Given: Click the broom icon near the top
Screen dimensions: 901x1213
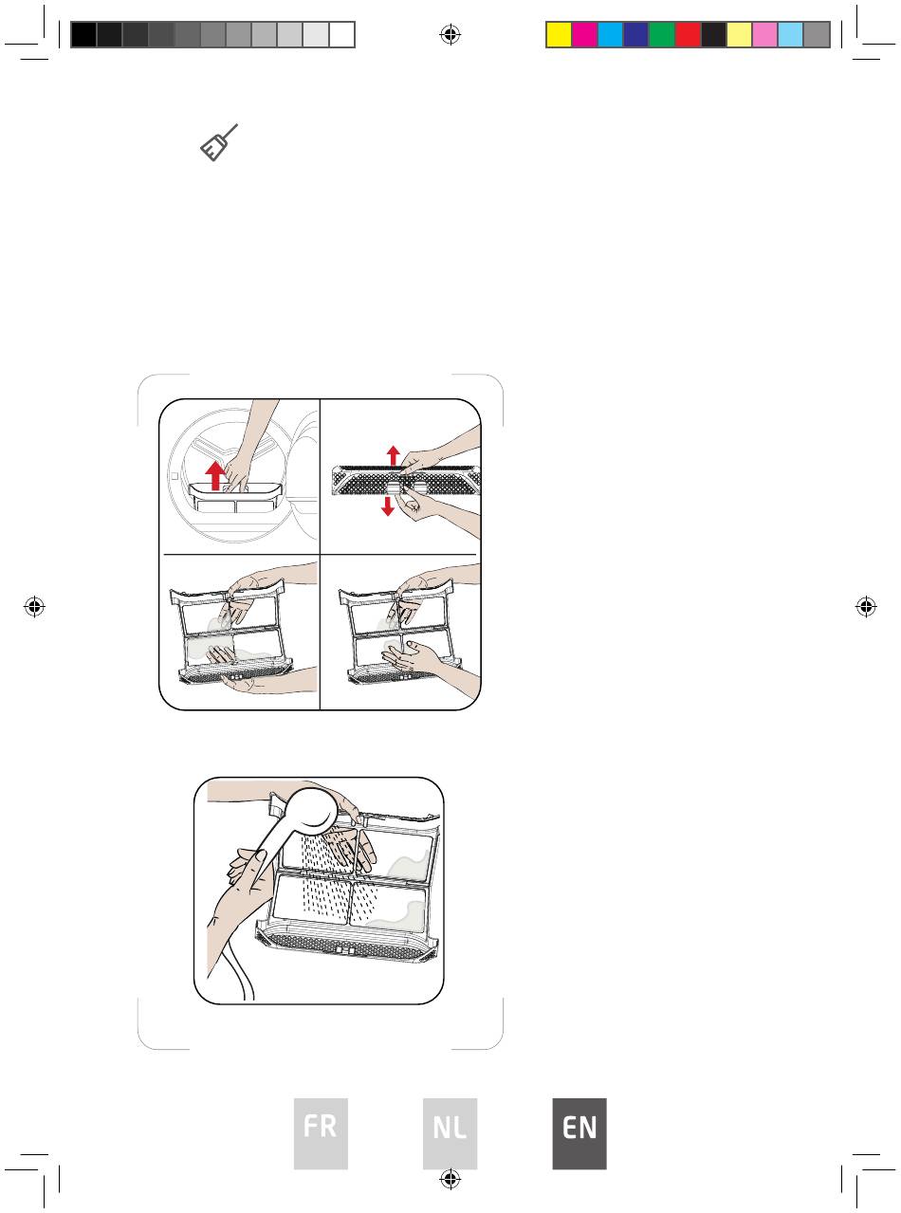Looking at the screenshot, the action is tap(219, 143).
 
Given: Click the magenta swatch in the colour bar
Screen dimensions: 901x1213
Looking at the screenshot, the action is tap(584, 35).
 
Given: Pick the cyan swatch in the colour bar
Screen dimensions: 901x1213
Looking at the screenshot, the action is tap(610, 35).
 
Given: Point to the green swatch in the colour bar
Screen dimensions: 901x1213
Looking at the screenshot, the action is tap(662, 35).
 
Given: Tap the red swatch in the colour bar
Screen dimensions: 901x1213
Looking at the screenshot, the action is tap(688, 35).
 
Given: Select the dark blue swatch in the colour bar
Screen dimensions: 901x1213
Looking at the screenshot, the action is tap(635, 35).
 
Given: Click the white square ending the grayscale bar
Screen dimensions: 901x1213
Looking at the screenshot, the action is tap(342, 35).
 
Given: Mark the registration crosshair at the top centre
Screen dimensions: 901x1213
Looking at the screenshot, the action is tap(450, 35).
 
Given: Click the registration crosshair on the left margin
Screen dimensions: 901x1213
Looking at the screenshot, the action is tap(34, 607).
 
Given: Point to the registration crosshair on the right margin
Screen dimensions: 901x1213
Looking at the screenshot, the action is tap(866, 607).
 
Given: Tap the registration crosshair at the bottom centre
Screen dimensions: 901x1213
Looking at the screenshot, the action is tap(450, 1179).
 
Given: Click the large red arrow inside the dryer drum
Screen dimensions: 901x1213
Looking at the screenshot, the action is tap(215, 475).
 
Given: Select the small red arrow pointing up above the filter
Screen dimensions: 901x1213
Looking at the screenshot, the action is tap(393, 455).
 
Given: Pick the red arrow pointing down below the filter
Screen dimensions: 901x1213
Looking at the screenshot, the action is tap(387, 506).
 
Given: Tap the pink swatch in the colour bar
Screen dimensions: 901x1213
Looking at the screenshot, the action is tap(764, 35).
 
